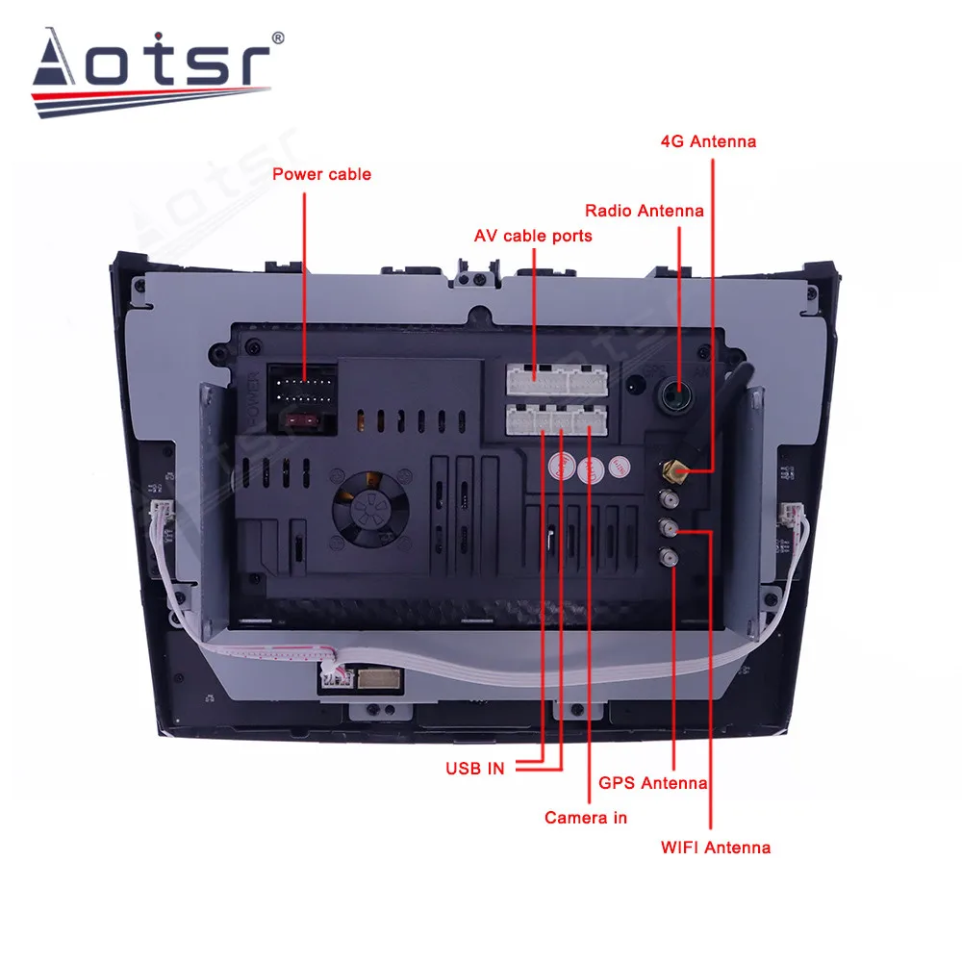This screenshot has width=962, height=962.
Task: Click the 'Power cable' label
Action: point(320,174)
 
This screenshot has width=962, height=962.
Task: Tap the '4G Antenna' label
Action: point(708,141)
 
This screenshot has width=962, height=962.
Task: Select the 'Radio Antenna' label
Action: point(645,211)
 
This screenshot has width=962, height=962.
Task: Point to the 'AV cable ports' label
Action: point(533,236)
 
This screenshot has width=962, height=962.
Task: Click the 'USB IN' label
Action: point(475,768)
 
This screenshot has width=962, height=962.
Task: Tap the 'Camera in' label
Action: point(585,817)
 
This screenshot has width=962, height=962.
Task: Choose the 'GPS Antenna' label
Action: point(653,783)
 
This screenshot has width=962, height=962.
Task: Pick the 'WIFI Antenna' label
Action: point(715,848)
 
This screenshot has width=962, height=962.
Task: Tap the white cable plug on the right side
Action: point(795,518)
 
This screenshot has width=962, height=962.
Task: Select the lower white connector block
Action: point(557,418)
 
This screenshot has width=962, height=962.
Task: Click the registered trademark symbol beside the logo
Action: point(279,38)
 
